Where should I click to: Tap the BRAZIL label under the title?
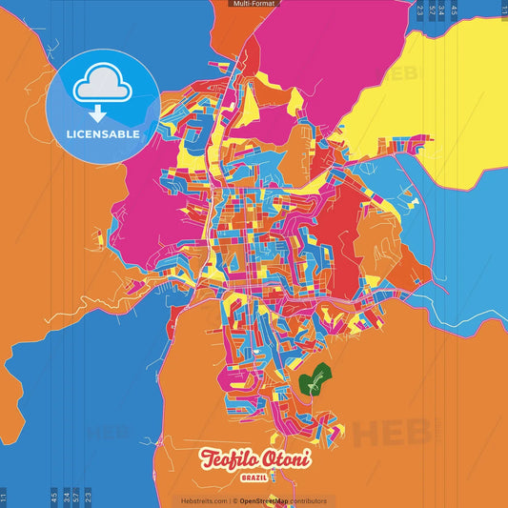(x=254, y=478)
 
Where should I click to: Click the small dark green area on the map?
(x=312, y=380)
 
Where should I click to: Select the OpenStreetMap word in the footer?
(x=269, y=500)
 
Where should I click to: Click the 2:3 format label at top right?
(x=419, y=10)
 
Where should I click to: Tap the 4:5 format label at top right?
(x=454, y=10)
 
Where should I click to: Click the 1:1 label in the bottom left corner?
(x=4, y=497)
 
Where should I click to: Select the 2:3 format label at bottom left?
(x=89, y=497)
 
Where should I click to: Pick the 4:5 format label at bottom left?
(x=54, y=497)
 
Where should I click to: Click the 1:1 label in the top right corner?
(x=503, y=10)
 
